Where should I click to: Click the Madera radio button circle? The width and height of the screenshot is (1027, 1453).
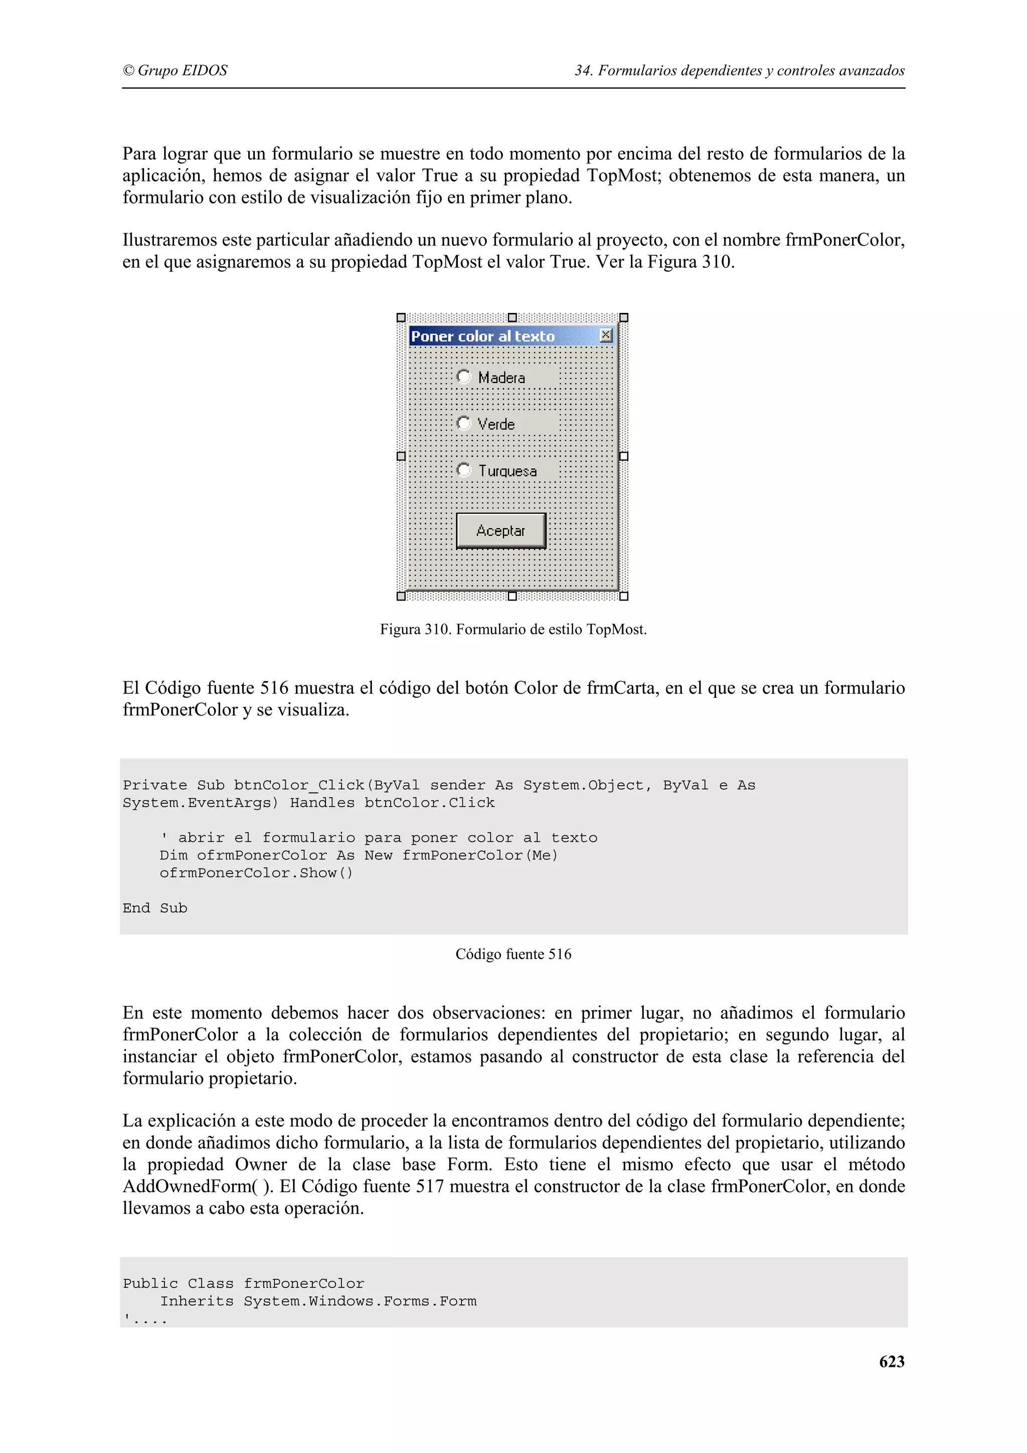coord(464,377)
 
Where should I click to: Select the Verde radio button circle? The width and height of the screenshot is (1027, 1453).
coord(464,423)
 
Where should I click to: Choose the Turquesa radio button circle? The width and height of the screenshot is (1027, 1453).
coord(464,470)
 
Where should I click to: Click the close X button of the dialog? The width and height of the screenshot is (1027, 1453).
coord(606,335)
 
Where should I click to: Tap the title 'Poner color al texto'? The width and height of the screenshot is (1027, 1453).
coord(483,336)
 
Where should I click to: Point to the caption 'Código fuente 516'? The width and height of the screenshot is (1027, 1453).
coord(513,954)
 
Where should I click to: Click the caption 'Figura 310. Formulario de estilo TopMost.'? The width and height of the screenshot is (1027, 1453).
coord(513,629)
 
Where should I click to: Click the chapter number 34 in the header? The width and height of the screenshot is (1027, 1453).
coord(582,70)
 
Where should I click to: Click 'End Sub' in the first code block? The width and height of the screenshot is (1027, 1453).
coord(155,908)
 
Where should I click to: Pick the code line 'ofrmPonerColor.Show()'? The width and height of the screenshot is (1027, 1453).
coord(256,873)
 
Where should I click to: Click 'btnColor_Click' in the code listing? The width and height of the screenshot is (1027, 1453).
coord(299,785)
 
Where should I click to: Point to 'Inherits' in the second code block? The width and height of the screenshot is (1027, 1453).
coord(197,1301)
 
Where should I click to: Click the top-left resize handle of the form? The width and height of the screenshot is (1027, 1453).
coord(401,318)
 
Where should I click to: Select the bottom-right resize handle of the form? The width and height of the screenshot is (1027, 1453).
coord(624,596)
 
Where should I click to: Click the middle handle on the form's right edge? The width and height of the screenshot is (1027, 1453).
coord(624,456)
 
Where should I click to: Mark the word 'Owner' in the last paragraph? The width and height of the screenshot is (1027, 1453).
coord(261,1164)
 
